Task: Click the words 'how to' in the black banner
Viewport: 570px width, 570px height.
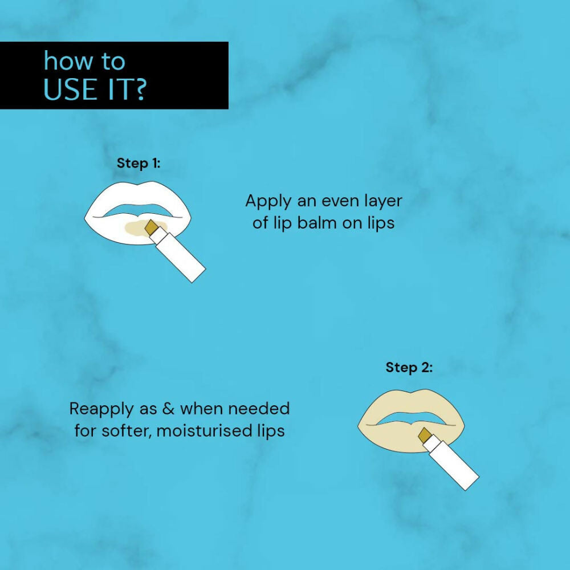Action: pyautogui.click(x=84, y=62)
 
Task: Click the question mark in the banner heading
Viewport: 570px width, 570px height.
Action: pyautogui.click(x=139, y=90)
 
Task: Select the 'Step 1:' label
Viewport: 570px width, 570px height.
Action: pyautogui.click(x=139, y=163)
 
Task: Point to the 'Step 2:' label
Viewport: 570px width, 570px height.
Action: pyautogui.click(x=409, y=368)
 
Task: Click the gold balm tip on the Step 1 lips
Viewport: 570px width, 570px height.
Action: pyautogui.click(x=152, y=227)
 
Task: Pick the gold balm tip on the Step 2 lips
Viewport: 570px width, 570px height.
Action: pyautogui.click(x=425, y=435)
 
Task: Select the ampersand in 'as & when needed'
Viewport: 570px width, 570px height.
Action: pyautogui.click(x=169, y=409)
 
